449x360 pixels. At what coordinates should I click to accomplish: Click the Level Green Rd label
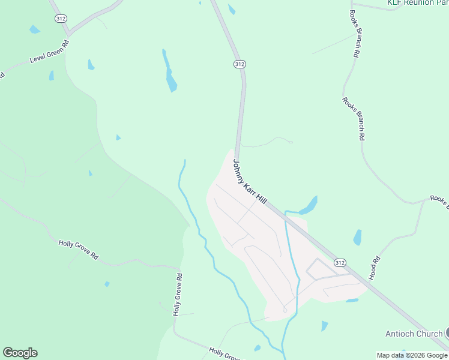click(x=50, y=52)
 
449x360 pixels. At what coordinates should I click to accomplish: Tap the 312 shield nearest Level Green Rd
click(x=61, y=19)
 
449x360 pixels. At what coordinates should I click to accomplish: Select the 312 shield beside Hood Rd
click(x=340, y=263)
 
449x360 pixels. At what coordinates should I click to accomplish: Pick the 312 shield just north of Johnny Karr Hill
click(x=240, y=64)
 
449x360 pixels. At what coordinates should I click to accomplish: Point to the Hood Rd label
click(x=375, y=268)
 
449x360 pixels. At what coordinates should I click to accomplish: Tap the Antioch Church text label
click(x=413, y=334)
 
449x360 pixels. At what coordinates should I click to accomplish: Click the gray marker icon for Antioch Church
click(x=446, y=332)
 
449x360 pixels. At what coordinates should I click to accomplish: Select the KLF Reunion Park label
click(x=418, y=3)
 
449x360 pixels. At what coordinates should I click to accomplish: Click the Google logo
click(x=20, y=353)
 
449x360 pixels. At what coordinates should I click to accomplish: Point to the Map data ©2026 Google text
click(x=412, y=355)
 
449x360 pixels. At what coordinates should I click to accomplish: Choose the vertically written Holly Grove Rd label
click(x=177, y=295)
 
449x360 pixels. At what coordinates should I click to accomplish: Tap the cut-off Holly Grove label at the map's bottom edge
click(x=224, y=353)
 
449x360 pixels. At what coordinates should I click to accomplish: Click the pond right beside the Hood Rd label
click(x=358, y=238)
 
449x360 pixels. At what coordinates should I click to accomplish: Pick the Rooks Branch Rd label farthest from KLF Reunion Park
click(x=354, y=119)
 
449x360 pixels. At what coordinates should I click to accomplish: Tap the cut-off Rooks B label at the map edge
click(x=439, y=202)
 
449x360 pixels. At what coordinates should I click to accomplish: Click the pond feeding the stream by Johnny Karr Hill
click(x=310, y=205)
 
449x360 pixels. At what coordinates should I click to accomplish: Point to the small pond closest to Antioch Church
click(x=324, y=326)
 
